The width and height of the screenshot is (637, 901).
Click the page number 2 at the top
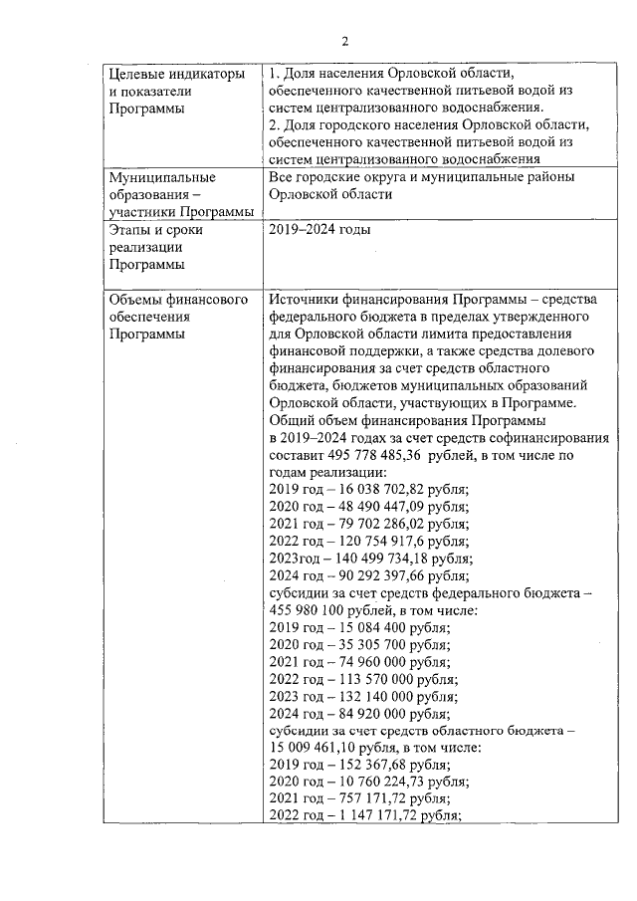(345, 41)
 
